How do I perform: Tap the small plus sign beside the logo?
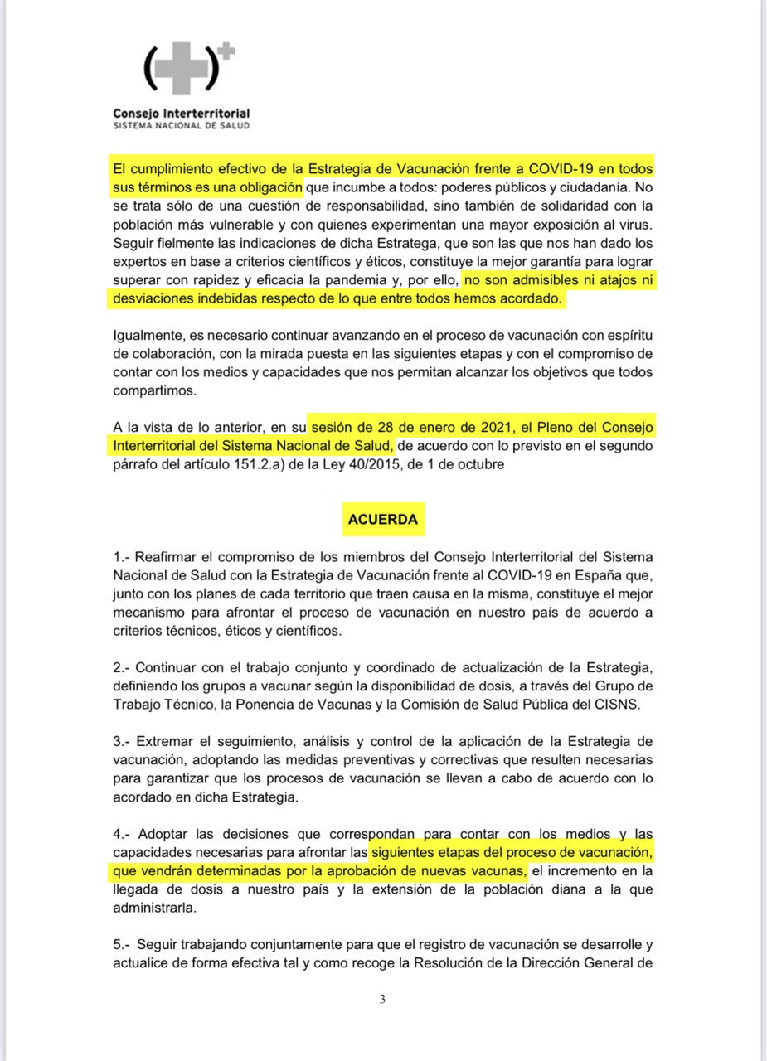[x=227, y=51]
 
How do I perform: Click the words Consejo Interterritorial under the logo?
[x=181, y=113]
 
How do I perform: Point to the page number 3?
[x=382, y=999]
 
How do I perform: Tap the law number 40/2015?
[x=379, y=466]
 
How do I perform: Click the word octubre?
[x=478, y=466]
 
